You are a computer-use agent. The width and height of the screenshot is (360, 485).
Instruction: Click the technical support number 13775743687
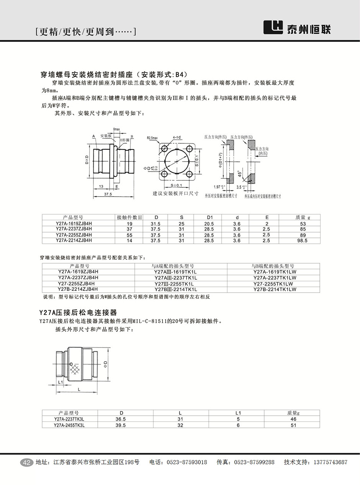click(x=330, y=462)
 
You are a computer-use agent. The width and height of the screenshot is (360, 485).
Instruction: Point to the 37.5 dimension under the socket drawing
click(x=108, y=195)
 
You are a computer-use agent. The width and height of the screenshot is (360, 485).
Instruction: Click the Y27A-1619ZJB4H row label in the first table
click(x=74, y=223)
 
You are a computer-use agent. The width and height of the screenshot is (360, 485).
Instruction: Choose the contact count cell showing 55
click(x=129, y=235)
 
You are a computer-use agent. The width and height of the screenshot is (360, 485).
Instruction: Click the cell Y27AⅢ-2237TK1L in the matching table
click(x=176, y=278)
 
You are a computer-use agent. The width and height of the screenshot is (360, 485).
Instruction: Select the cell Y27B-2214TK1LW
click(x=275, y=290)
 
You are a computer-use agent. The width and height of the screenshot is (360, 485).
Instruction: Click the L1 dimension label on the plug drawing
click(x=60, y=382)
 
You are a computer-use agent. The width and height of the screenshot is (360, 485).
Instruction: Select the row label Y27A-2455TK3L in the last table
click(x=69, y=425)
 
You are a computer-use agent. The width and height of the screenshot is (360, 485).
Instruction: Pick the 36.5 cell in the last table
click(x=121, y=419)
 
